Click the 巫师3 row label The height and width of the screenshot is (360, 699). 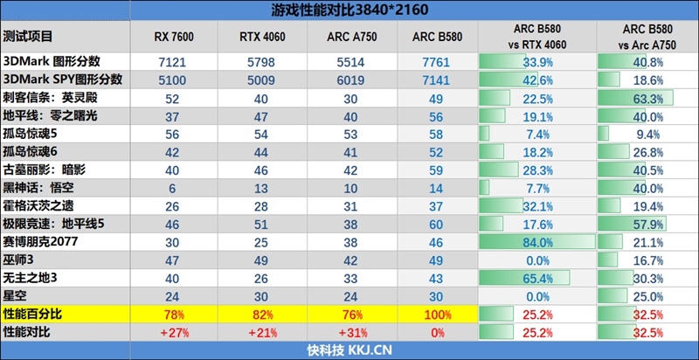click(21, 259)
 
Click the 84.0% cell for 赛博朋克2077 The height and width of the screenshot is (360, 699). click(536, 240)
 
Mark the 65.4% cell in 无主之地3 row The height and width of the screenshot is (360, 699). click(536, 276)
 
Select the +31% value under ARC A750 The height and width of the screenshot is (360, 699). click(349, 331)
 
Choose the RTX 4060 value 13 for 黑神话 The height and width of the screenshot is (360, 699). click(260, 187)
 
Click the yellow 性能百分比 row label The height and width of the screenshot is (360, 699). click(33, 312)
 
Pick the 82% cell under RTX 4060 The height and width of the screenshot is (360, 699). click(260, 312)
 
